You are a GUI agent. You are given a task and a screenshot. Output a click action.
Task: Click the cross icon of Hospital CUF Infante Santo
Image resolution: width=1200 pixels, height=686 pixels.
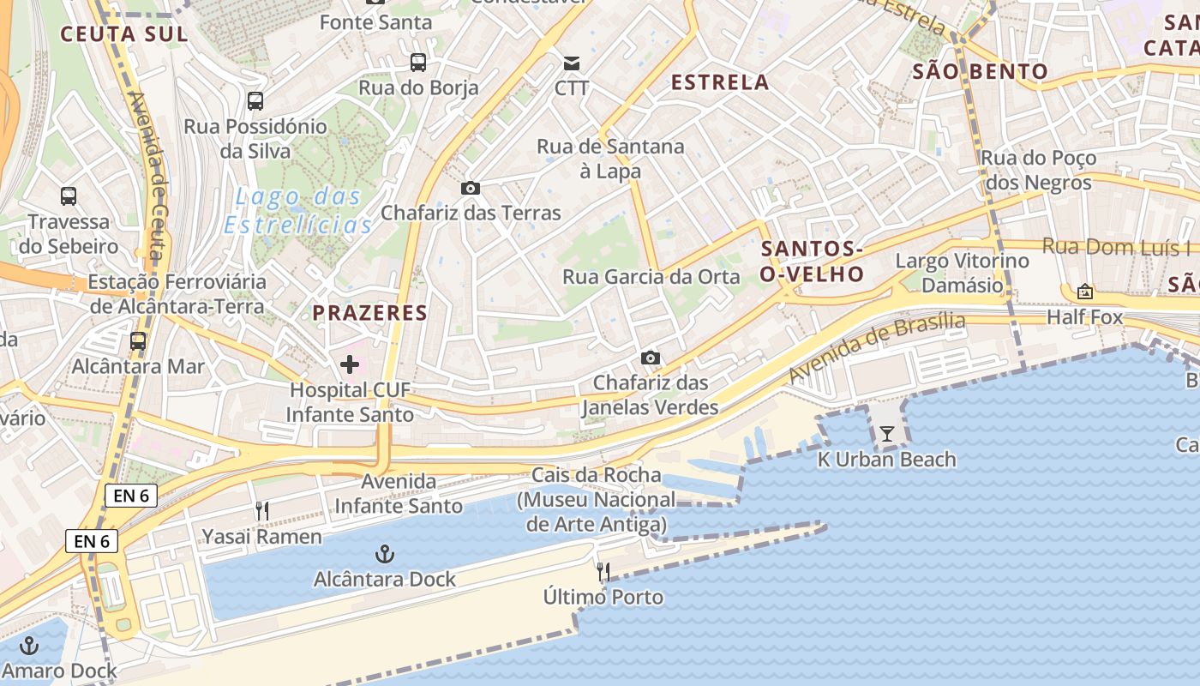point(350,364)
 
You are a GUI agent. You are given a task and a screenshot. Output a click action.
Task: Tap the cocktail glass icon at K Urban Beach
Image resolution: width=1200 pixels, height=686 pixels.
point(887,434)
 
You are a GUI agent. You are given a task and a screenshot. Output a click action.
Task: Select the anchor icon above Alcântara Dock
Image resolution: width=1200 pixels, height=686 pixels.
point(386,554)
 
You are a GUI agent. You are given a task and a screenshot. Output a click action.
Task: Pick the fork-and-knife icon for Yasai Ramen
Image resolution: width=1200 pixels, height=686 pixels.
point(262,511)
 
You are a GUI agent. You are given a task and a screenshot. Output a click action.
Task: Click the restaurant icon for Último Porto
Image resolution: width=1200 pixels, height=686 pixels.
point(603,571)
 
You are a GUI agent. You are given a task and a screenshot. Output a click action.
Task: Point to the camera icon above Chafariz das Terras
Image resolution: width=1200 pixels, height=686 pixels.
point(471,188)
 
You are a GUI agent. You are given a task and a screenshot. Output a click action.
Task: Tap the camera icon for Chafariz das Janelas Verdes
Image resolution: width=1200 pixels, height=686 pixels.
point(651,358)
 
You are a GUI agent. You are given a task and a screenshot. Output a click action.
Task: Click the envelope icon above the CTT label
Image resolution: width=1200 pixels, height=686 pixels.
point(572,63)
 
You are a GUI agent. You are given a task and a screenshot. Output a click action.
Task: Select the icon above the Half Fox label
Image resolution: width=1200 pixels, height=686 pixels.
point(1085,292)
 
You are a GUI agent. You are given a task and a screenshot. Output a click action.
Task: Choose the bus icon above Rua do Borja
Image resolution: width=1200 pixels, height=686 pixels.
point(418,62)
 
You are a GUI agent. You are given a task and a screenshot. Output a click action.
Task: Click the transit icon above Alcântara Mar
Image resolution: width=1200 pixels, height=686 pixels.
point(138,340)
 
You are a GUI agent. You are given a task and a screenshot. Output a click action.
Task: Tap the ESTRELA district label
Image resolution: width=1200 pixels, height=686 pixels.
point(720,82)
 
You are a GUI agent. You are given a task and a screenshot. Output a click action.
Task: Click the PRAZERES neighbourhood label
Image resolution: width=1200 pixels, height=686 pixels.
point(370,313)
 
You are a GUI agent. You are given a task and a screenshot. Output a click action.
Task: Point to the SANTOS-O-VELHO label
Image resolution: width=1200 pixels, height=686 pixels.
point(812,262)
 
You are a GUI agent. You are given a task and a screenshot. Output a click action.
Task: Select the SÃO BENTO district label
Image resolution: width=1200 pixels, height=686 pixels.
point(980,71)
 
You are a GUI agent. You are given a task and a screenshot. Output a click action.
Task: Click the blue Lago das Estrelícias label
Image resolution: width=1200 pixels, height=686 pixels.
point(298,211)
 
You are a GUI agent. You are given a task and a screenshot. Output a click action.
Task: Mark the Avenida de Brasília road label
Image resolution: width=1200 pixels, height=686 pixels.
point(877,347)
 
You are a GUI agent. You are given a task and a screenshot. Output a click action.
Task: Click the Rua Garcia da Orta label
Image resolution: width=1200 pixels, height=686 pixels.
point(651,277)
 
